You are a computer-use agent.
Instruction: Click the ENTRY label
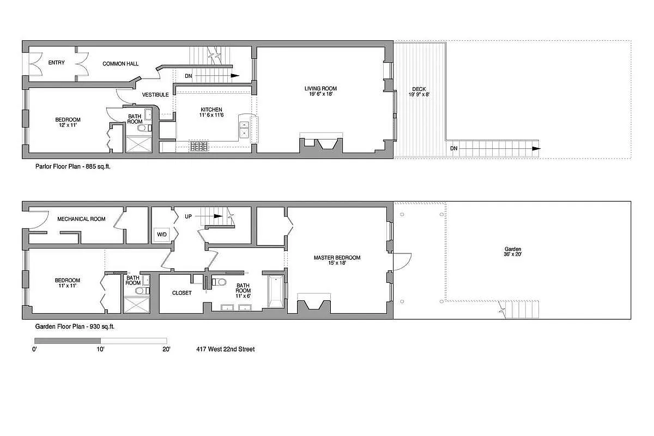(56, 63)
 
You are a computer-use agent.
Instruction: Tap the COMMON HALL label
(120, 64)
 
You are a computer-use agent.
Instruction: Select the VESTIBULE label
(155, 95)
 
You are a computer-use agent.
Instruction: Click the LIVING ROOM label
(320, 88)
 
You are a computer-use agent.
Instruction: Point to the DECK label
(419, 89)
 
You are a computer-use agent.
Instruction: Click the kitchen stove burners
(199, 146)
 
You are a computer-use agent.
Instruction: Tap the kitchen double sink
(244, 129)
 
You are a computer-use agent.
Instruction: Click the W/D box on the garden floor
(162, 235)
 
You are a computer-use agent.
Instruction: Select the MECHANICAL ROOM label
(81, 219)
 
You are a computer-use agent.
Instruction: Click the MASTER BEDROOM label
(337, 258)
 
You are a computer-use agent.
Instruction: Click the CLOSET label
(181, 293)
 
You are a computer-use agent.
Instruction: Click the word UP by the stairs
(189, 216)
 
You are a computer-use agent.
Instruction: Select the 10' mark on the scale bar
(101, 349)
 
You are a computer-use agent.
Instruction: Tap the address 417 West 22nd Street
(226, 349)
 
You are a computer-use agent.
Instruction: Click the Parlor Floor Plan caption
(69, 169)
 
